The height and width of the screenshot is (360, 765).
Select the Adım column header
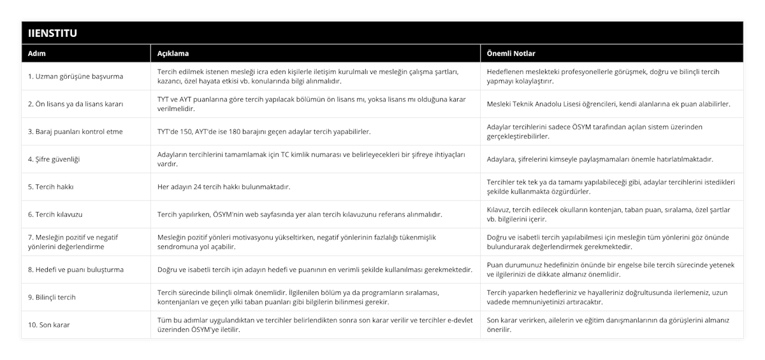(x=37, y=54)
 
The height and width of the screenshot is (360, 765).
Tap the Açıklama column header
(x=173, y=54)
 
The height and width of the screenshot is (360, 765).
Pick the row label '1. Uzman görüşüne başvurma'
(x=76, y=76)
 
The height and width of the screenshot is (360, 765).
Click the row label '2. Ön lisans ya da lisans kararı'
(x=76, y=104)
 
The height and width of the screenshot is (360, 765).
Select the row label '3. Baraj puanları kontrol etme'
(x=76, y=131)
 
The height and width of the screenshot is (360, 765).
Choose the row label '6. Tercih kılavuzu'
(x=55, y=214)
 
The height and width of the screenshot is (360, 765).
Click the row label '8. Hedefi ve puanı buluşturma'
(x=76, y=270)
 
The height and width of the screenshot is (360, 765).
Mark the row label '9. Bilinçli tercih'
(x=52, y=297)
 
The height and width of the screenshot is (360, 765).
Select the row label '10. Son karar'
(x=49, y=324)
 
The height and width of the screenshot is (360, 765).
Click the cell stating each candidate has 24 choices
(x=235, y=187)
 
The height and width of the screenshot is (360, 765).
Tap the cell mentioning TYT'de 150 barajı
(x=264, y=131)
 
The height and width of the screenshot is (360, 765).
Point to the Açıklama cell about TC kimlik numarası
(x=311, y=159)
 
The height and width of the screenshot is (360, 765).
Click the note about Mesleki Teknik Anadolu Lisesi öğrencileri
(x=608, y=104)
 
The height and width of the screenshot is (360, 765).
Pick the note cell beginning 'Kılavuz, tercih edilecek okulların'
(x=608, y=214)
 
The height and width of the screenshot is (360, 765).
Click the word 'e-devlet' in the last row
(x=460, y=320)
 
